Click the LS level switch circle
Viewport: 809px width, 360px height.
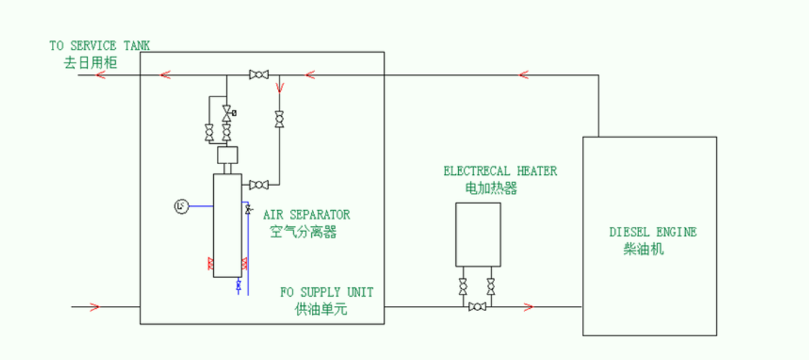[181, 207]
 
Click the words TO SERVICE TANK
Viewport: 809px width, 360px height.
[99, 45]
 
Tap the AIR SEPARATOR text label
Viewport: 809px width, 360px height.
[306, 215]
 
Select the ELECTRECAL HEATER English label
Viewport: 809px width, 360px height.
[500, 171]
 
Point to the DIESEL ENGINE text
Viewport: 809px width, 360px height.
[653, 232]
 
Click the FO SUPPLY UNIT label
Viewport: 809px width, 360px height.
[327, 292]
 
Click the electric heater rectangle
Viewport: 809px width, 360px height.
[478, 234]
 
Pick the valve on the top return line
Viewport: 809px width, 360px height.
[258, 74]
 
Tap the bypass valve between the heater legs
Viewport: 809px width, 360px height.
[477, 307]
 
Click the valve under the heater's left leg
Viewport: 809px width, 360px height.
[463, 287]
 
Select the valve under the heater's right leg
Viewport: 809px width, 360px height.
[491, 287]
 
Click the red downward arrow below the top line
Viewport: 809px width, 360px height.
[280, 88]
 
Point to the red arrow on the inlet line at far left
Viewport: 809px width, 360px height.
[94, 307]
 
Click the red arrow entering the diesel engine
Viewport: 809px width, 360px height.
[528, 307]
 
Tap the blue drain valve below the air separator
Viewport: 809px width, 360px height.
[239, 287]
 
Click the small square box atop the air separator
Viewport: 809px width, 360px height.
[227, 155]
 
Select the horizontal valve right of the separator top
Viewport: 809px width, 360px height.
[258, 184]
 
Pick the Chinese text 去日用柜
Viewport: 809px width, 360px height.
[90, 63]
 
